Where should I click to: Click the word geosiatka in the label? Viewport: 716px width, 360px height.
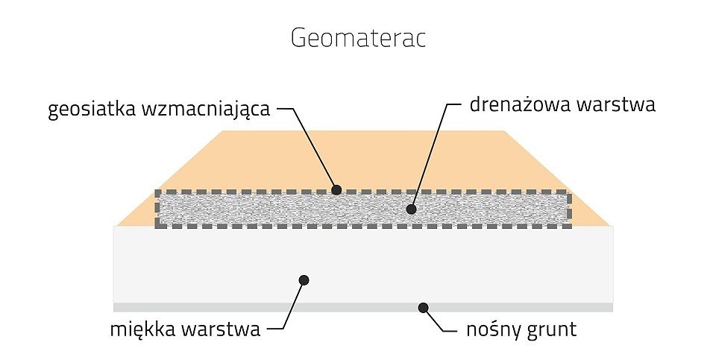click(x=86, y=110)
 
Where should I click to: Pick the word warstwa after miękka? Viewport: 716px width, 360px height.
click(x=223, y=329)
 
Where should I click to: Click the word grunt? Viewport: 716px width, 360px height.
click(x=551, y=329)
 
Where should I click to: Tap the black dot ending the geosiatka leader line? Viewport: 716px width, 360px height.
click(x=336, y=190)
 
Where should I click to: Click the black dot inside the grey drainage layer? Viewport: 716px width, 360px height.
click(x=411, y=209)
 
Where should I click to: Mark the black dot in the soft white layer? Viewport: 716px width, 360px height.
click(x=304, y=280)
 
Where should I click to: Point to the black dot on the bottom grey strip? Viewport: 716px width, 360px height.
click(x=423, y=307)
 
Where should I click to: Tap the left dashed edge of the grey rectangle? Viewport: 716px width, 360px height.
click(x=157, y=209)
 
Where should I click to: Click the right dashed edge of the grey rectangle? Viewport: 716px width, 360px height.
click(x=568, y=209)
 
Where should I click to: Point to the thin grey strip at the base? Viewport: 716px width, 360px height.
click(x=224, y=307)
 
